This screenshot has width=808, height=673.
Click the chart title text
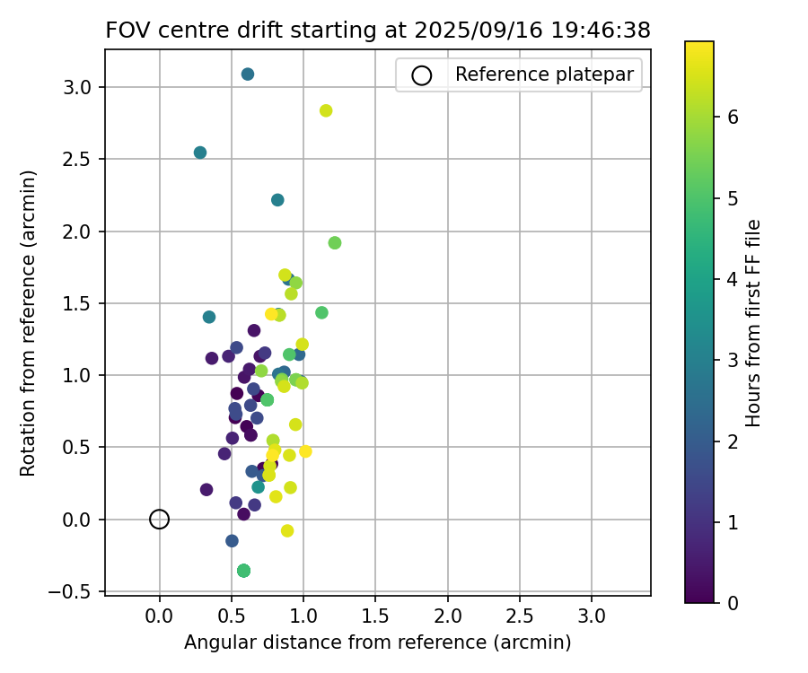tap(378, 30)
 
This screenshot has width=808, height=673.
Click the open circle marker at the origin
tap(159, 519)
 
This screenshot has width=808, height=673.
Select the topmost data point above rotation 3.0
tap(248, 74)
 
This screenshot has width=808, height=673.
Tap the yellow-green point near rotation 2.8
tap(326, 110)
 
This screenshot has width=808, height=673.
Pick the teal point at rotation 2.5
tap(200, 153)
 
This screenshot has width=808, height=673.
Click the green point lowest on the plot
tap(243, 571)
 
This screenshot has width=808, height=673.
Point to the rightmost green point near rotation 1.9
tap(335, 243)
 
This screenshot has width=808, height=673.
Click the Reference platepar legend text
tap(544, 74)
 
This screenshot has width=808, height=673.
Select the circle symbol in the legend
tap(421, 75)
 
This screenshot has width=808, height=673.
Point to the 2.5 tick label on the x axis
tap(519, 618)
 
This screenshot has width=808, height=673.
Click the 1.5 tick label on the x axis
tap(375, 618)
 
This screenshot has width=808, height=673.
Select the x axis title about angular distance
tap(378, 642)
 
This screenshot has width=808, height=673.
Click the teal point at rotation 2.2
tap(277, 200)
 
